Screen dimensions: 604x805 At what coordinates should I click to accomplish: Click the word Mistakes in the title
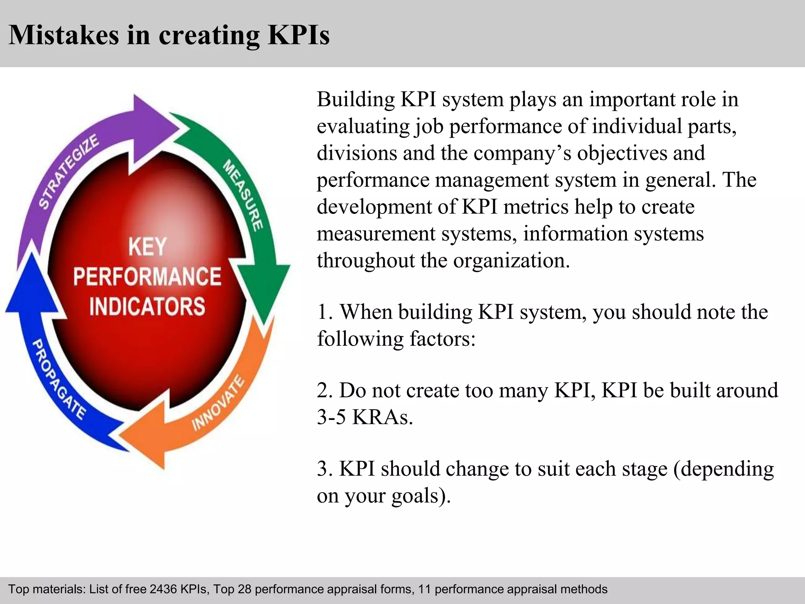point(63,35)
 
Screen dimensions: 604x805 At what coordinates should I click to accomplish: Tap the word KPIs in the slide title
point(298,35)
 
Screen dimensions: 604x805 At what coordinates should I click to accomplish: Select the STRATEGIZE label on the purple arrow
point(69,171)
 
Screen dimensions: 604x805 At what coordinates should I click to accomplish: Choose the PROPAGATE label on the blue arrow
point(58,379)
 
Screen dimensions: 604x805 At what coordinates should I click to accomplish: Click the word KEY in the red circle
point(147,247)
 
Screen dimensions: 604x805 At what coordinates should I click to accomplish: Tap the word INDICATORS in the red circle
point(147,306)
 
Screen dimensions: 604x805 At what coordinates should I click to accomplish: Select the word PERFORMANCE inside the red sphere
point(147,276)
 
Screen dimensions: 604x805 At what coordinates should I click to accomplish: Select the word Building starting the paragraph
point(356,99)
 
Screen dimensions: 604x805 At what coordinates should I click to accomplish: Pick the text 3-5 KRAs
point(365,417)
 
